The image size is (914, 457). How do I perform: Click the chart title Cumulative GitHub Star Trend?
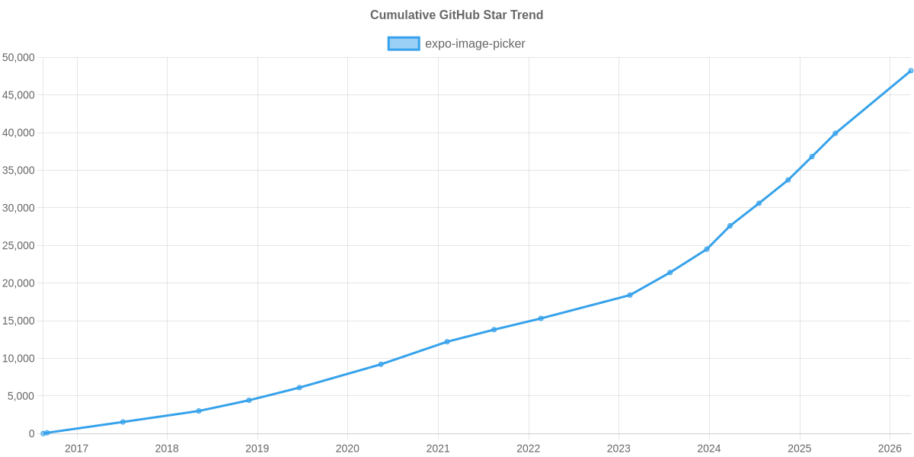(456, 15)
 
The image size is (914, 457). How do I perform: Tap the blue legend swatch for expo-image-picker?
(403, 43)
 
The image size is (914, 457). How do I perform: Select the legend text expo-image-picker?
(475, 43)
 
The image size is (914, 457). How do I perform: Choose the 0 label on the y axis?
(32, 434)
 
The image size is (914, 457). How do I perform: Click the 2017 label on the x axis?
(76, 449)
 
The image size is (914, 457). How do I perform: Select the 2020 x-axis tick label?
(347, 449)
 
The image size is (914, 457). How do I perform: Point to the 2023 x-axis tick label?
(618, 449)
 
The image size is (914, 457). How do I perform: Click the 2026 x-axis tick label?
(890, 449)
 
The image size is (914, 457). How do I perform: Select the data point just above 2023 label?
(630, 295)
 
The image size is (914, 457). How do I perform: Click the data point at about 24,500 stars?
(706, 249)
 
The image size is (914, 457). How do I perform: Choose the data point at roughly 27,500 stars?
(730, 226)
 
